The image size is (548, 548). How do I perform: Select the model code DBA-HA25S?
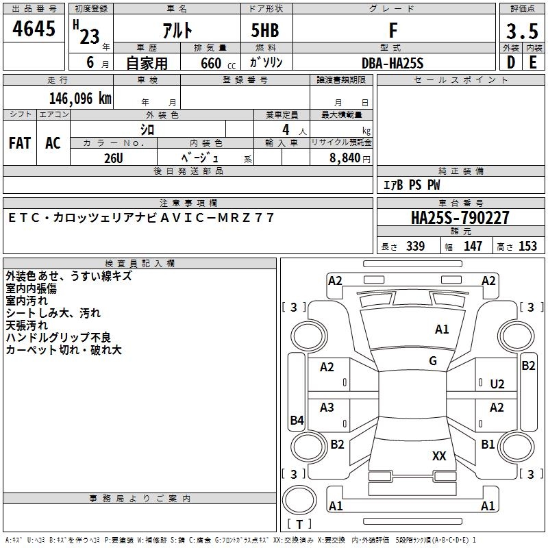point(393,63)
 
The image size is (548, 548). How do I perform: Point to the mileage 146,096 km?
point(80,98)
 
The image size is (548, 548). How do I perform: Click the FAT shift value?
point(20,143)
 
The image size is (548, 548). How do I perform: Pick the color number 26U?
point(113,158)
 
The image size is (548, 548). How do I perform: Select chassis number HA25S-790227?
point(460,218)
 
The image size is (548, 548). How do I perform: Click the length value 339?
point(416,247)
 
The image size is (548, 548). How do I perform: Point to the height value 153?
point(527,247)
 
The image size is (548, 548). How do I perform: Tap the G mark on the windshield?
point(433,361)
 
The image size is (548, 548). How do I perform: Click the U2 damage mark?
point(497,384)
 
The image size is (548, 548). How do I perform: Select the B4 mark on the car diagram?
point(297,421)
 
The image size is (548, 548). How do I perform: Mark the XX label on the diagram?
point(439,456)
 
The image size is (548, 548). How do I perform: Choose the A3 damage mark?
point(327,408)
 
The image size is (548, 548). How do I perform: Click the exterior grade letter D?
point(510,62)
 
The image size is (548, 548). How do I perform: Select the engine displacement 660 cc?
point(210,64)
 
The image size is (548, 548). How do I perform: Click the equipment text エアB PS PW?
point(412,185)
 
